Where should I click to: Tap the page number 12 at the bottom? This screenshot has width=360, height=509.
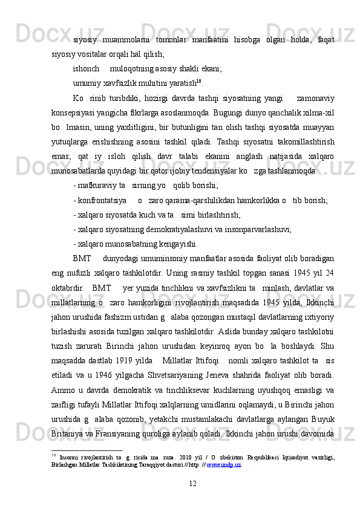[x=193, y=482]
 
